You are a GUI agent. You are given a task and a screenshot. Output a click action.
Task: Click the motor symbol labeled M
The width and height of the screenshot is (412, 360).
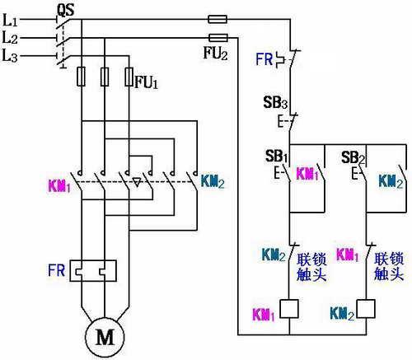coord(105,337)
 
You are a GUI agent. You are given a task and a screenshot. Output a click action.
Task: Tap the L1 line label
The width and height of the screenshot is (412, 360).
coord(10,20)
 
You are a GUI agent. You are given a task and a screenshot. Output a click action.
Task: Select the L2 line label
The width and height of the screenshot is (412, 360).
coord(10,38)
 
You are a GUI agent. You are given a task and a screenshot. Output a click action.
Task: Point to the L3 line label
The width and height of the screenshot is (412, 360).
coord(10,56)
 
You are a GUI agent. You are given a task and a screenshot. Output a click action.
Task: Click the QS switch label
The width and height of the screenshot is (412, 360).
coord(66,10)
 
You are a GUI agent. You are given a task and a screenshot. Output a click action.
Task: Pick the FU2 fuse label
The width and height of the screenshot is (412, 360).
coord(215,53)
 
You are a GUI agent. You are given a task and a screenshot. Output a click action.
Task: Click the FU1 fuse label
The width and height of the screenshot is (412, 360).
coord(147,82)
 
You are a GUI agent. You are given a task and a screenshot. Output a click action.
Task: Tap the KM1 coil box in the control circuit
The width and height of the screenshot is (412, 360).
coord(289,309)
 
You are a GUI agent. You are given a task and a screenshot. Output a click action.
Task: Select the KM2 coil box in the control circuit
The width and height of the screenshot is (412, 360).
coord(366,309)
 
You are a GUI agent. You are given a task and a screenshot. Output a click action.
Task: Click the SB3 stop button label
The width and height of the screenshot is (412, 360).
coord(275,102)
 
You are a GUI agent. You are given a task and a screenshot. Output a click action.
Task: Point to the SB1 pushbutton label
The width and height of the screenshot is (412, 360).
coord(276,157)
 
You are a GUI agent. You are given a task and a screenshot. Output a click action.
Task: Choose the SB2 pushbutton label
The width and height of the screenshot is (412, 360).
coord(353,157)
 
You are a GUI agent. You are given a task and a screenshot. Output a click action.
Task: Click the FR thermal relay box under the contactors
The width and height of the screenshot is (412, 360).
coord(93,271)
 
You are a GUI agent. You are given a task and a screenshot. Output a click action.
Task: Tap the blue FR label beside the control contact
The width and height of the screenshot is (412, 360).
coord(264,59)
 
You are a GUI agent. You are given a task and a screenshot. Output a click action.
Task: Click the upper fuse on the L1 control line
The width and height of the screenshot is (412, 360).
coord(218,19)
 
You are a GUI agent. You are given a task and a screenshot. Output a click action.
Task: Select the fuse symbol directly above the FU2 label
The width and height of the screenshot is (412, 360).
coord(218,38)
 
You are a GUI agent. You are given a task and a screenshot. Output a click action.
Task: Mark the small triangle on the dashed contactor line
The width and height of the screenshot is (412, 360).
coord(137,182)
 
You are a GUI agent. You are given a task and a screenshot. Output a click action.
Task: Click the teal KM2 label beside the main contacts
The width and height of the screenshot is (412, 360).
coord(213,181)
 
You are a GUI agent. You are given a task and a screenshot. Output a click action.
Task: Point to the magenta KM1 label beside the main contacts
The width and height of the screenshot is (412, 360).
coord(59,186)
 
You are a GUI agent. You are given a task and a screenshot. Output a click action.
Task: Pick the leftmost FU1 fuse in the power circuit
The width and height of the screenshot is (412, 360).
coord(81,77)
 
